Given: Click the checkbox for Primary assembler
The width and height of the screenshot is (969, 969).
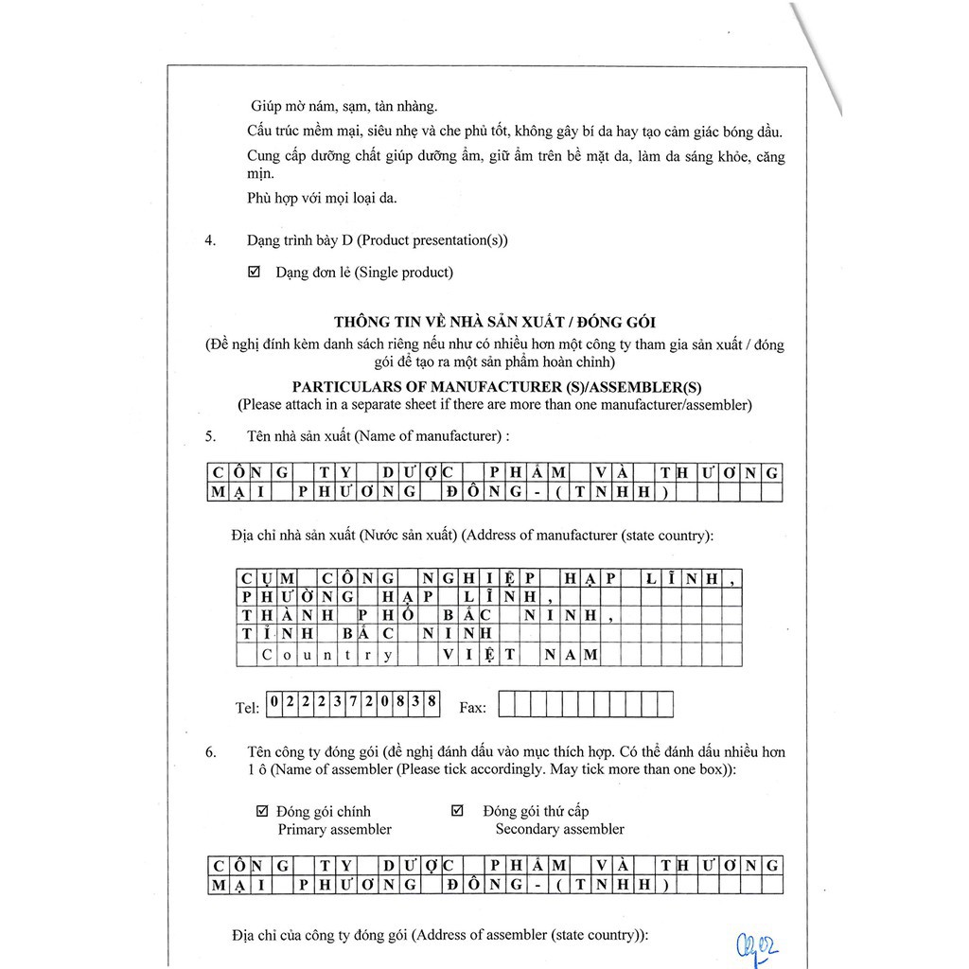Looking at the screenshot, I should [x=262, y=811].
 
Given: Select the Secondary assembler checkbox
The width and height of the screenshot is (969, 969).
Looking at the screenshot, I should [x=458, y=811].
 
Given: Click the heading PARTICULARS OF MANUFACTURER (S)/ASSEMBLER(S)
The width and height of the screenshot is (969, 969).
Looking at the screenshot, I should [x=497, y=387].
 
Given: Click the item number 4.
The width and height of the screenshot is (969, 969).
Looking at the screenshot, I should [x=210, y=240].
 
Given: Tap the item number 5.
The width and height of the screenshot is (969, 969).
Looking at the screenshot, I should [x=210, y=436].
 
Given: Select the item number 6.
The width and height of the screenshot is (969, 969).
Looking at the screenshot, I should [x=210, y=752].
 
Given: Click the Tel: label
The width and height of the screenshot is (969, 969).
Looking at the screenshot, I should [x=247, y=707].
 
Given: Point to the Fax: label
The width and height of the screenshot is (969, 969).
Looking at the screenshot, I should [x=472, y=707].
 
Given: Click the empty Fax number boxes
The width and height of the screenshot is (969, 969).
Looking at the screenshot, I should [x=586, y=704].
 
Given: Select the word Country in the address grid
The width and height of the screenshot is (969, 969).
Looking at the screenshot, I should [x=326, y=654].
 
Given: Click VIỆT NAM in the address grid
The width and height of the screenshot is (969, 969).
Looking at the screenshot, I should [x=520, y=654].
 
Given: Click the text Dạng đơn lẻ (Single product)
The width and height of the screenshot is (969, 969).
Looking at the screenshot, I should [x=364, y=273].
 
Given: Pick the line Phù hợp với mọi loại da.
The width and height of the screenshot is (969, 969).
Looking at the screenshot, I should [x=322, y=198].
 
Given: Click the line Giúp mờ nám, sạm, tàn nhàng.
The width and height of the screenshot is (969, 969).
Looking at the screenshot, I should [x=344, y=107].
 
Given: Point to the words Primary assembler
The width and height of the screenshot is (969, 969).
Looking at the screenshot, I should [x=334, y=829].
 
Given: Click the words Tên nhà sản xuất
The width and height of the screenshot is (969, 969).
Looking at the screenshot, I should [x=299, y=436].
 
